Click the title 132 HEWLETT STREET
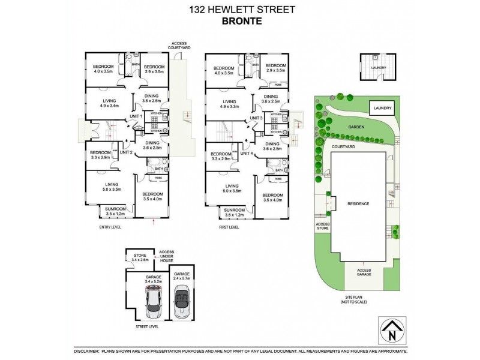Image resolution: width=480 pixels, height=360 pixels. pos(240,9)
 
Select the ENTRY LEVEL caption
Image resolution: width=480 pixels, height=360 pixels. pos(111,227)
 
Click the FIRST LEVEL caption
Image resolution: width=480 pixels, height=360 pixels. pos(228,227)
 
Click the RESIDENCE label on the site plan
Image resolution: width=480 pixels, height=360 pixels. pos(358,204)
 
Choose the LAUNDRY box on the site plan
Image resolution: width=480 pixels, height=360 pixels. pos(381,109)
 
